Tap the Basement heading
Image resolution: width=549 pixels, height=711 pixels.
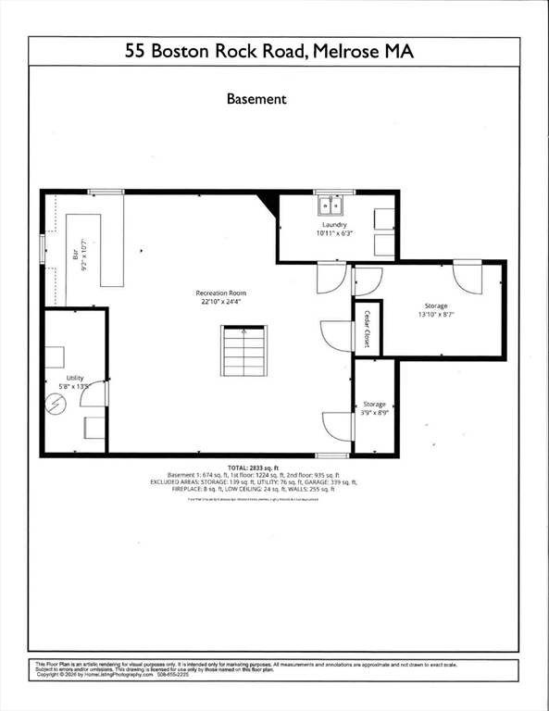point(256,98)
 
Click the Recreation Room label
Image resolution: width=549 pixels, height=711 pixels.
point(220,293)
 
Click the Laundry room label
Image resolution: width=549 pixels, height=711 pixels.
point(334,225)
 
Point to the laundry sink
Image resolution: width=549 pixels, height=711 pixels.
point(330,205)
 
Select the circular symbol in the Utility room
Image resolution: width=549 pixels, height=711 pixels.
point(57,405)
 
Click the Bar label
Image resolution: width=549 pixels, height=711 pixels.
point(76,250)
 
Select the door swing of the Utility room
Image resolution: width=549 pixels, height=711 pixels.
point(93,394)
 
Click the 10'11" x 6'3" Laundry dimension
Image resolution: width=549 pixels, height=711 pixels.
point(334,234)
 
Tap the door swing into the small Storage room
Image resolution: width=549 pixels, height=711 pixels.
point(335,425)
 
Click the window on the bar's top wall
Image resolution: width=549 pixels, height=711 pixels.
point(106,192)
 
